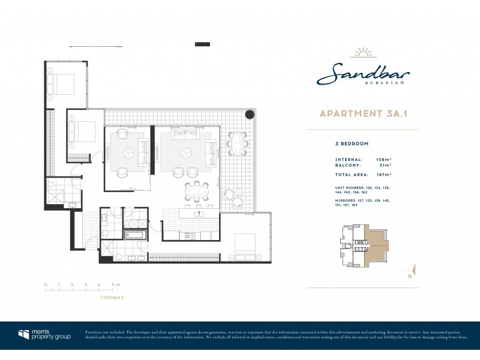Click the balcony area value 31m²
click(385, 164)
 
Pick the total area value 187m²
click(383, 174)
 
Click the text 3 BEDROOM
click(352, 144)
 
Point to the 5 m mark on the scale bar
click(113, 284)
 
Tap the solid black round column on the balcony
click(249, 114)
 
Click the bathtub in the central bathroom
click(135, 235)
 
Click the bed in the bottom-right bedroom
click(244, 243)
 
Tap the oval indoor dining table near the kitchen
click(196, 193)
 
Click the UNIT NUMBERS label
click(349, 188)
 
